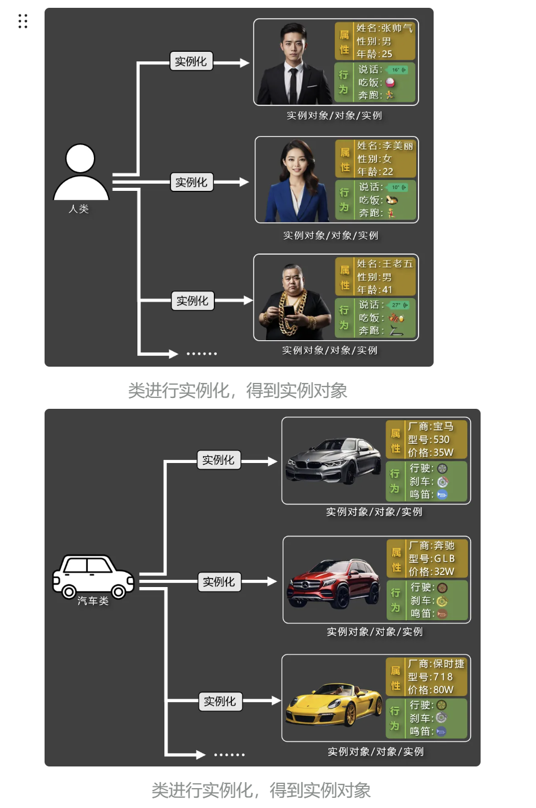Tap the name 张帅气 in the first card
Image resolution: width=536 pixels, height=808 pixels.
pos(397,28)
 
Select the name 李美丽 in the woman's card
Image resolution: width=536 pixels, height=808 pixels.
pos(398,146)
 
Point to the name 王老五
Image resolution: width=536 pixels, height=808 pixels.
pos(398,264)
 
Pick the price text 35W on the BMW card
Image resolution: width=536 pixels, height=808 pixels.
pos(443,452)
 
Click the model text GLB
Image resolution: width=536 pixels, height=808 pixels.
pos(444,559)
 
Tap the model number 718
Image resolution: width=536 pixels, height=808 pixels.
pos(443,677)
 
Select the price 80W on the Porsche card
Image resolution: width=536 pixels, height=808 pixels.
pos(443,690)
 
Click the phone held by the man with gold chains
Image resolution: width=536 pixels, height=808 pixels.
pos(288,311)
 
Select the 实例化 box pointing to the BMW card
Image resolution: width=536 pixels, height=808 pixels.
pos(218,460)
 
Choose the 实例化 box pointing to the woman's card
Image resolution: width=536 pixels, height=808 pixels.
pos(191,182)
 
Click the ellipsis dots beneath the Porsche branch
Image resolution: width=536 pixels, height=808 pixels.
pos(229,754)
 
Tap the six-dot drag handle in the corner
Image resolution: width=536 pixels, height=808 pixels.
pos(23,21)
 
